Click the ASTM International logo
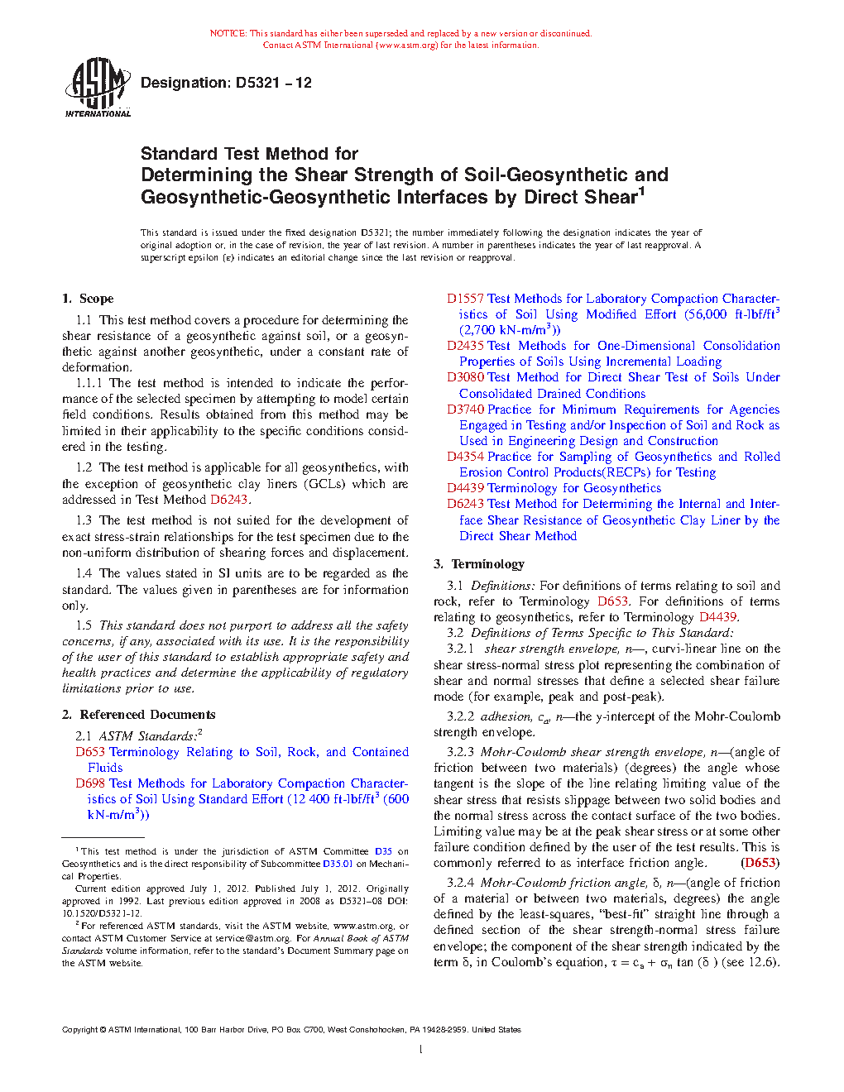point(98,87)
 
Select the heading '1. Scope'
point(88,299)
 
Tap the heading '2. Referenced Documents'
point(139,715)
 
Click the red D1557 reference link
point(465,299)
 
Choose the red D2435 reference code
point(465,346)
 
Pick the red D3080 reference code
point(465,377)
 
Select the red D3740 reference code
point(465,409)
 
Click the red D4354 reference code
point(465,457)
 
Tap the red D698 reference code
point(90,783)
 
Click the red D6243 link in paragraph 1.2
point(228,500)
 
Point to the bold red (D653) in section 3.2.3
point(760,863)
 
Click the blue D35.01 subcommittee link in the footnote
point(338,864)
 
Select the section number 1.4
point(84,573)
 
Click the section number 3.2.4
point(460,883)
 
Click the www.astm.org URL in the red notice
point(408,45)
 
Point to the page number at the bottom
point(421,1050)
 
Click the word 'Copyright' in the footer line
point(79,1030)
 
